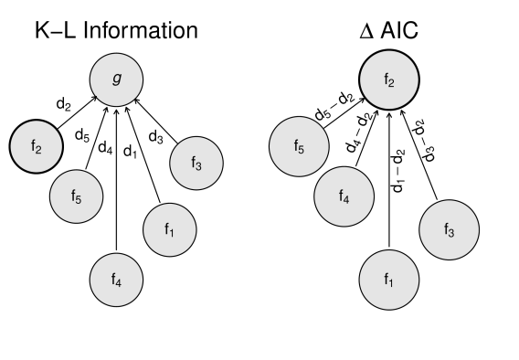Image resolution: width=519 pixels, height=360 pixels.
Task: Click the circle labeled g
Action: pos(116,79)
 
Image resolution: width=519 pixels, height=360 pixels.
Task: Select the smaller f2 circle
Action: pos(37,146)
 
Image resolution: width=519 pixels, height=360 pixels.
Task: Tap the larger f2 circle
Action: pos(389,79)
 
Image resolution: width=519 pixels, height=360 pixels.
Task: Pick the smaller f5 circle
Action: pos(76,196)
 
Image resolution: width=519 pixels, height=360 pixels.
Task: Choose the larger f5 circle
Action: pos(299,146)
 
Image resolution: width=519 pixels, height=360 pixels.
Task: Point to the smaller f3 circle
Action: pos(196,164)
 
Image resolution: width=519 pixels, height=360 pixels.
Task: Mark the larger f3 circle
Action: pos(449,230)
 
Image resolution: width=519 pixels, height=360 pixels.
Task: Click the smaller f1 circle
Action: pos(169,229)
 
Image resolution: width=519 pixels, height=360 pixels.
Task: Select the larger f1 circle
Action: pos(389,280)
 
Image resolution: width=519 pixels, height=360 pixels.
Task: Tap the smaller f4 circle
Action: pos(116,280)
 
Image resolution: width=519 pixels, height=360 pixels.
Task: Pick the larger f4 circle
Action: pos(344,196)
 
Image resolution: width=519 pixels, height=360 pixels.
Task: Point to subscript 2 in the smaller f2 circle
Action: pos(38,149)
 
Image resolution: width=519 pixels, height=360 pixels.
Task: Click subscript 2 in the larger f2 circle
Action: pos(392,83)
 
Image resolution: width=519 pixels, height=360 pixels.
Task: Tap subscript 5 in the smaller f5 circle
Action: pos(79,199)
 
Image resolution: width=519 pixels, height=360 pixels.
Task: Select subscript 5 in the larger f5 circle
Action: pos(302,150)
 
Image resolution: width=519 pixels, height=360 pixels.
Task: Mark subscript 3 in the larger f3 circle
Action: pos(451,234)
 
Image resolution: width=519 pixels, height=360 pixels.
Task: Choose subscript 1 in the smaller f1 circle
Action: pos(172,233)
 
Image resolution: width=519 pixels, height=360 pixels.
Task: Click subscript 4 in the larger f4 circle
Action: pos(346,199)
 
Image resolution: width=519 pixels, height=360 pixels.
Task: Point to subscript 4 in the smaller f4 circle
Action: pos(119,283)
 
